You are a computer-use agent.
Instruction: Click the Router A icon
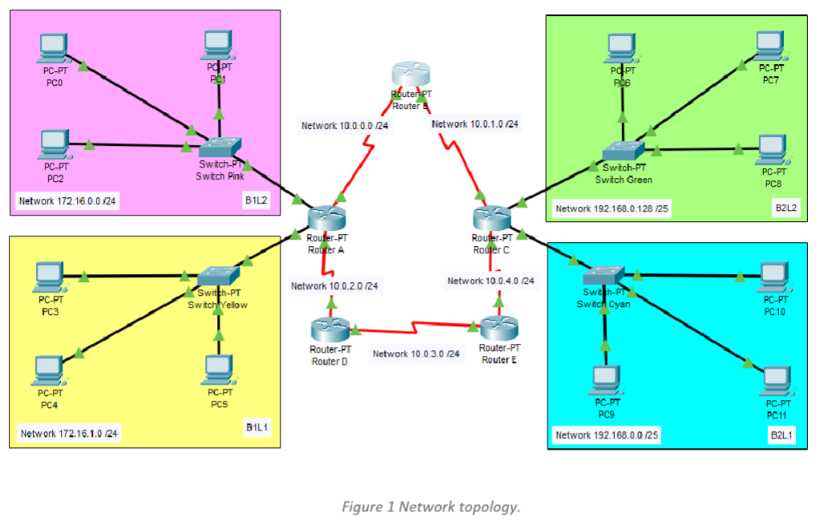[x=325, y=217]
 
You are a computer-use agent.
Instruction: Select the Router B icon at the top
[x=410, y=75]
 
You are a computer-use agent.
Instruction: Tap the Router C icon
[x=491, y=217]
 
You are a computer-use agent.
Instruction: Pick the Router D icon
[x=329, y=329]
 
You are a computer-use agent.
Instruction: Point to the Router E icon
[x=499, y=328]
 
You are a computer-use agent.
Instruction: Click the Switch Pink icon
[x=220, y=147]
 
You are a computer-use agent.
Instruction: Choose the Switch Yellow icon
[x=217, y=276]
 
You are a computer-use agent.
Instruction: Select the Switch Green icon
[x=624, y=150]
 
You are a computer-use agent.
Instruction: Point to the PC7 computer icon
[x=770, y=45]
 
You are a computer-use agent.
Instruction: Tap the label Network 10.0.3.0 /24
[x=417, y=353]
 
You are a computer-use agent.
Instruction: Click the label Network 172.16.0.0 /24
[x=68, y=200]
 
